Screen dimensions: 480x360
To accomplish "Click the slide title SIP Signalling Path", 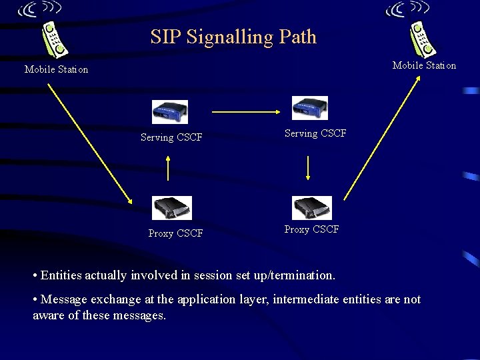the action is click(x=233, y=37).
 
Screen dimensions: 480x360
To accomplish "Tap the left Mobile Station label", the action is click(x=56, y=69).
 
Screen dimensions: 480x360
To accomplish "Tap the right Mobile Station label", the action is click(x=424, y=65).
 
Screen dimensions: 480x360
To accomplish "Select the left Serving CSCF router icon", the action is click(x=169, y=112).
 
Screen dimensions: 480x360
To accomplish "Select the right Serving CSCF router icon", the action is click(x=310, y=108).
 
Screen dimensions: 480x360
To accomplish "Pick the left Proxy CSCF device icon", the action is click(x=171, y=208).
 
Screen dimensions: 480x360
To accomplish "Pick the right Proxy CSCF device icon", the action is click(x=312, y=207).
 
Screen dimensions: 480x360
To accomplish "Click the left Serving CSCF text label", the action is click(x=171, y=138).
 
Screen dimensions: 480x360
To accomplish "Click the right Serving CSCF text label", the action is click(x=315, y=133).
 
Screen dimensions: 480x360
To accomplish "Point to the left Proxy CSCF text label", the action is click(x=175, y=233).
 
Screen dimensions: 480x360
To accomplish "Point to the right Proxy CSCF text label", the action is click(x=311, y=229).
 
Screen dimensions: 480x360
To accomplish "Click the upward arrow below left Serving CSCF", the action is click(x=168, y=168).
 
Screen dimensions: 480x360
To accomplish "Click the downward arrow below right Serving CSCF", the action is click(x=307, y=168).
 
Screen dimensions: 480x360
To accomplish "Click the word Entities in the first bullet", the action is click(x=63, y=275).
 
